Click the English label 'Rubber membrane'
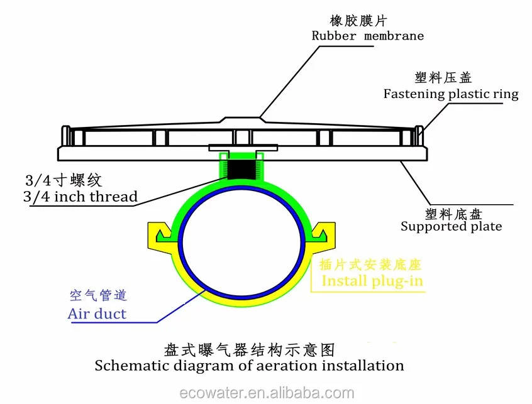(x=368, y=35)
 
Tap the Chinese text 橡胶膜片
(x=367, y=19)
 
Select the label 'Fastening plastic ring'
(x=451, y=94)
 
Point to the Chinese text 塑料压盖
(x=443, y=78)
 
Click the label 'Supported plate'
(x=451, y=226)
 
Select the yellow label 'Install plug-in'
(x=372, y=280)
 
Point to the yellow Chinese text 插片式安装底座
(x=372, y=265)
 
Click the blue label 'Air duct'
(x=97, y=313)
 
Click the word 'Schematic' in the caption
(x=125, y=365)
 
